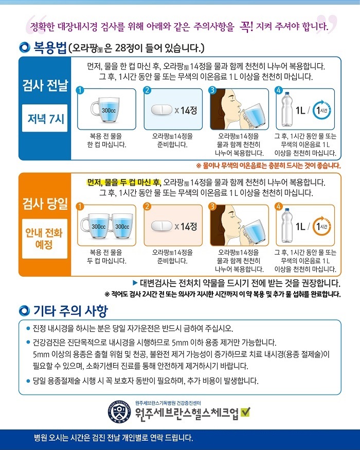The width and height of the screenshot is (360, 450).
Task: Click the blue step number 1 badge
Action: (80, 90)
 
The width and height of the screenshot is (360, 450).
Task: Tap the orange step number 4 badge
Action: (278, 206)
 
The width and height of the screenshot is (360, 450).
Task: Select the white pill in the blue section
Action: (161, 110)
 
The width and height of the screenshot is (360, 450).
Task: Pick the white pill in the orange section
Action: (161, 226)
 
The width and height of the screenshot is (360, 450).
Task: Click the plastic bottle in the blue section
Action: (287, 110)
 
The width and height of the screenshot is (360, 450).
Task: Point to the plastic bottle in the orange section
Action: (287, 226)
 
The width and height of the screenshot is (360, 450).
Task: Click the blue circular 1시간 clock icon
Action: (321, 110)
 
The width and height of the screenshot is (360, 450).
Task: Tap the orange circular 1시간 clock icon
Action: (321, 226)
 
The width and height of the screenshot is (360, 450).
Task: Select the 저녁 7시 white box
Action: (45, 118)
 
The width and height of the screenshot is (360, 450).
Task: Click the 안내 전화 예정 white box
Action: (45, 239)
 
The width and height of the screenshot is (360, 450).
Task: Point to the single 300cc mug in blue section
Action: (105, 110)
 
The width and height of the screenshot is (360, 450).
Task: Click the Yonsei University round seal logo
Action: (119, 411)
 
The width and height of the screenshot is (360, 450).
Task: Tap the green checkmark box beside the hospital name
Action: (245, 412)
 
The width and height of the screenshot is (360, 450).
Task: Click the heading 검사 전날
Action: (45, 85)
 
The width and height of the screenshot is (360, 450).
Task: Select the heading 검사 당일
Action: (45, 204)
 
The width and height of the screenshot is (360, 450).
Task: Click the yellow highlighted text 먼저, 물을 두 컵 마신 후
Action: (124, 182)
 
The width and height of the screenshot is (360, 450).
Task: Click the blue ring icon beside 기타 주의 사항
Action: (24, 311)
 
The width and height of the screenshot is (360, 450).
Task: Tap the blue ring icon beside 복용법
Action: (24, 47)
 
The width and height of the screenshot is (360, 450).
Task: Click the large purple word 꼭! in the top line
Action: (246, 26)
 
